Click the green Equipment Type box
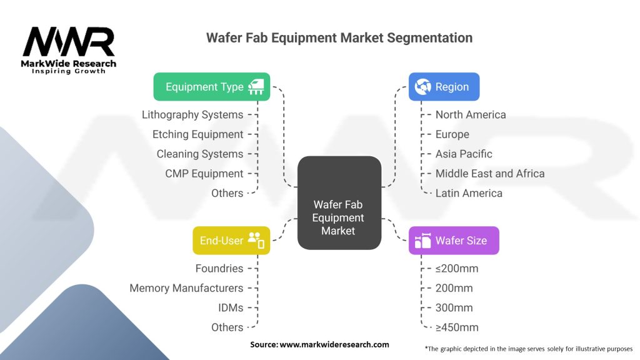point(211,86)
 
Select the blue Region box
point(444,86)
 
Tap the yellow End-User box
point(231,241)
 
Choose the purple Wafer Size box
point(454,241)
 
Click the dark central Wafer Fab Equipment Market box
point(339,203)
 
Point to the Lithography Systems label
point(192,115)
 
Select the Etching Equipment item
point(198,134)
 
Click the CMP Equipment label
point(204,174)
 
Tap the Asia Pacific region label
point(464,154)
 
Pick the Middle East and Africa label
point(490,174)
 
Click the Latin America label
point(469,193)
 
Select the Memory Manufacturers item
point(186,288)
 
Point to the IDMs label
point(231,307)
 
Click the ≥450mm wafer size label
point(457,327)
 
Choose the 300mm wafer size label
point(454,307)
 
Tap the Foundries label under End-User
point(219,269)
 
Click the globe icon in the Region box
point(422,86)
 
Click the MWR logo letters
point(69,42)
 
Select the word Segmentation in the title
point(430,38)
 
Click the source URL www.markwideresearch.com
point(334,344)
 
